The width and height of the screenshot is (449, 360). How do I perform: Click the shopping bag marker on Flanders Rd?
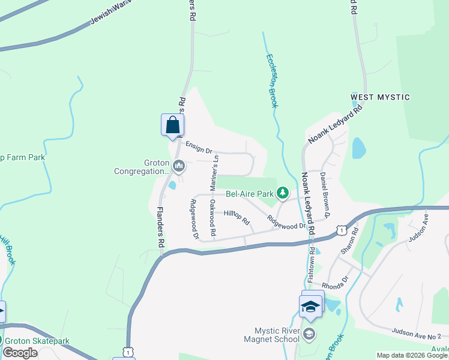[173, 125]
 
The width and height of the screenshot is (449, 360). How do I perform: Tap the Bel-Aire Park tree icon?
[282, 193]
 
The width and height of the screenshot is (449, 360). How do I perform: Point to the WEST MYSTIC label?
[380, 97]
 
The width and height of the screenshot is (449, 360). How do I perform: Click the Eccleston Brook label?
[272, 81]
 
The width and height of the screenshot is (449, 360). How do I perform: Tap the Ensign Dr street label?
[199, 147]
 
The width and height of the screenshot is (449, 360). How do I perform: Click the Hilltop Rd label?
[237, 217]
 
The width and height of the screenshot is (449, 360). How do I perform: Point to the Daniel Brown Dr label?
[325, 194]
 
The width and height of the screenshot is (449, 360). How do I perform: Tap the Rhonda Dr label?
[335, 282]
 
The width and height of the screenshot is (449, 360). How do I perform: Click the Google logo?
[20, 353]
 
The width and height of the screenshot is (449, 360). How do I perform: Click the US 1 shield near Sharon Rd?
[342, 230]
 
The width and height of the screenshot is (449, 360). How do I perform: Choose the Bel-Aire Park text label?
[249, 194]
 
